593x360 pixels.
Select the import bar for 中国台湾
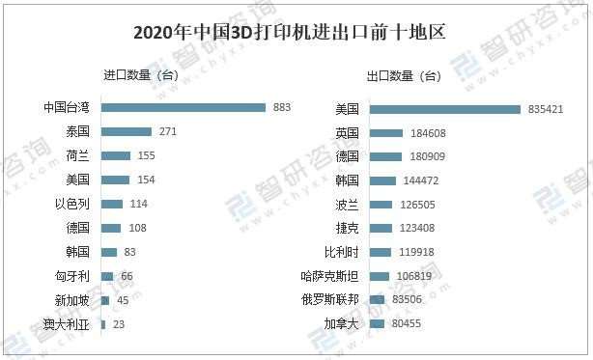184,107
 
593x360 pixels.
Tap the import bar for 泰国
127,131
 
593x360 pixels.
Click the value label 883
282,107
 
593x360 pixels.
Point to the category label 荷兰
78,155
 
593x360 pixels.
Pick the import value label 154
146,180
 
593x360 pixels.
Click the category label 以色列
72,204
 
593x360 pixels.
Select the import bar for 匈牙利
107,276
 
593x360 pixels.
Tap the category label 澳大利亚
67,324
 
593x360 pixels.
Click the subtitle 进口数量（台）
140,75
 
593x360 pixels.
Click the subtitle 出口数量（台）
404,75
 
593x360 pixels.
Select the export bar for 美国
445,109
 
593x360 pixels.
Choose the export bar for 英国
386,132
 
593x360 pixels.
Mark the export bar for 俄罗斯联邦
378,300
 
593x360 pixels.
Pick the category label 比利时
342,252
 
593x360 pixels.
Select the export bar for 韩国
383,180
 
